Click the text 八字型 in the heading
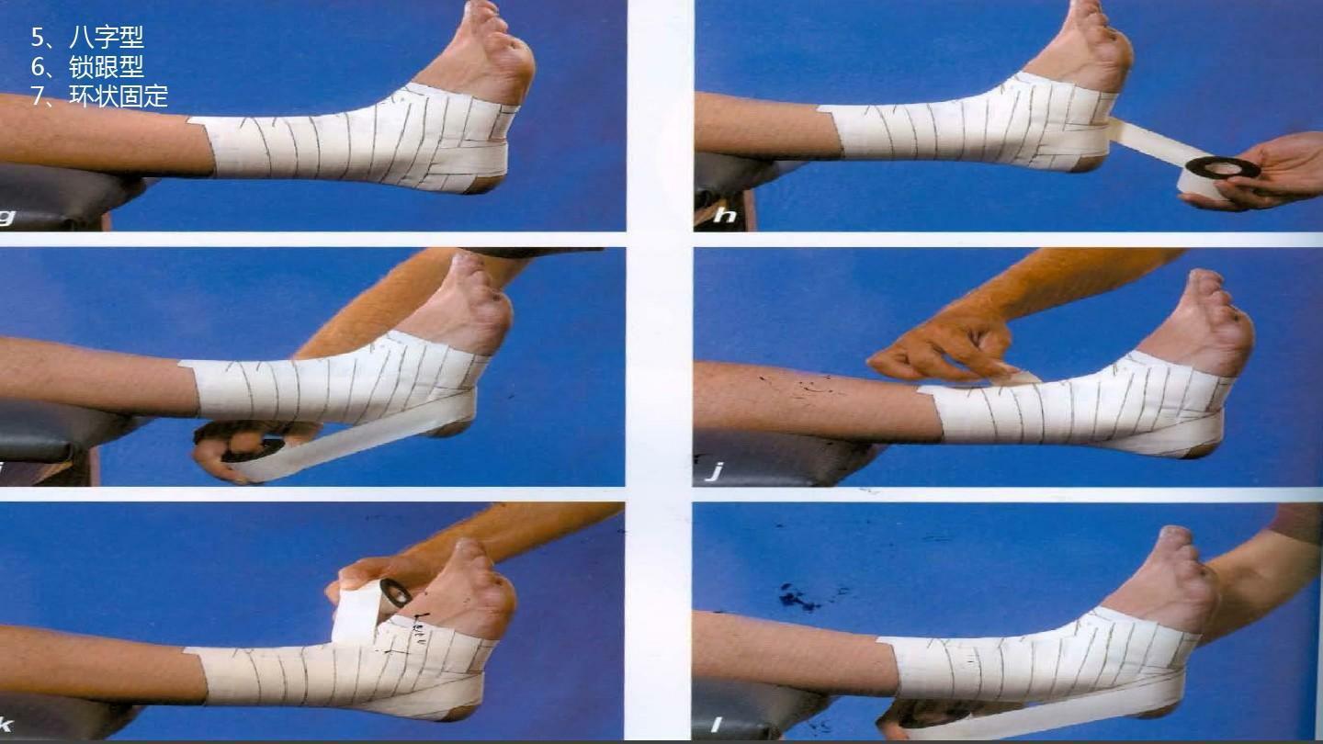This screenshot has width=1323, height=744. (x=107, y=38)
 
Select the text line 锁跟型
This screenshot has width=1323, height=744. (x=107, y=67)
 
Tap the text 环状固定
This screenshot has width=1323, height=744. (x=119, y=96)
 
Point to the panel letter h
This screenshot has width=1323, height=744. (x=725, y=215)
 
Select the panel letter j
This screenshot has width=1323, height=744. (x=717, y=470)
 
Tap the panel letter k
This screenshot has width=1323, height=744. (x=6, y=724)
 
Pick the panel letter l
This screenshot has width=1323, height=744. (x=716, y=724)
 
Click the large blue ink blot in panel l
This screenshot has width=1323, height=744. (x=798, y=598)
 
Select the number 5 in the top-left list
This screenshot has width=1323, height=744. (x=37, y=38)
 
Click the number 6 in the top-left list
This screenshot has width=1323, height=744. (x=37, y=67)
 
